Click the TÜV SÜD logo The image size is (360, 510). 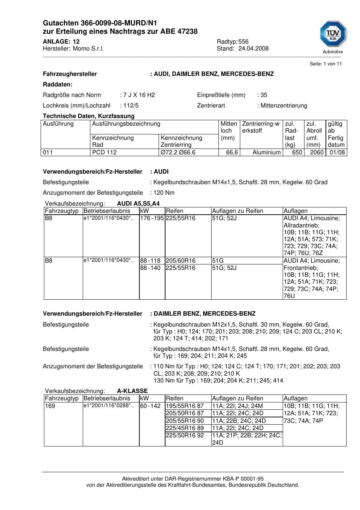333,36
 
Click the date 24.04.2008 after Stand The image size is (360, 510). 253,49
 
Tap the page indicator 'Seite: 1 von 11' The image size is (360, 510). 326,64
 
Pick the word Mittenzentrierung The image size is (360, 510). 284,106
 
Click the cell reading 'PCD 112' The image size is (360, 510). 105,153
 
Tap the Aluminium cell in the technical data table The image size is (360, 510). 266,153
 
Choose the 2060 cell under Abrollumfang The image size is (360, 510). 316,153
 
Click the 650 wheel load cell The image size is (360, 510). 297,153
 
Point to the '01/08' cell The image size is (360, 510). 337,153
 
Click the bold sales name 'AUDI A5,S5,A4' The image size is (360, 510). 138,203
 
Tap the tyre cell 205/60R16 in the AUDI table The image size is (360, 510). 181,261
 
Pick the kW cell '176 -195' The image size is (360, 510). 152,218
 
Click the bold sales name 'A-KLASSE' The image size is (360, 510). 132,391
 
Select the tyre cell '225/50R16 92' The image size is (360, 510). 185,436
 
